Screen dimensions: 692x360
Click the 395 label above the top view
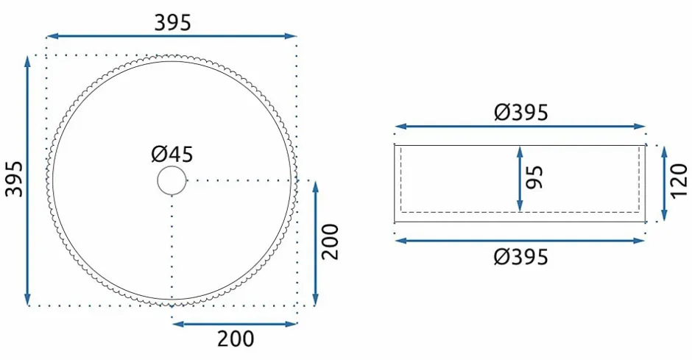coord(172,23)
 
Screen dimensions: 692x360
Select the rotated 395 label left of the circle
coord(14,179)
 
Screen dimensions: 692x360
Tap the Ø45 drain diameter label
coord(172,155)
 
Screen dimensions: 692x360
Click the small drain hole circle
coord(172,180)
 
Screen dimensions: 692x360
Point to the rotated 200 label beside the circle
coord(331,241)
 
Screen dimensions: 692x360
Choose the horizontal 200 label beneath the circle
coord(236,339)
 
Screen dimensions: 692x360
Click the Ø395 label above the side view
coord(521,113)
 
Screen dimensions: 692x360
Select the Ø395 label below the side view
coord(521,257)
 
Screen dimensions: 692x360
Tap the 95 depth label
coord(536,177)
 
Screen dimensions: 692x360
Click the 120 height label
coord(679,181)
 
